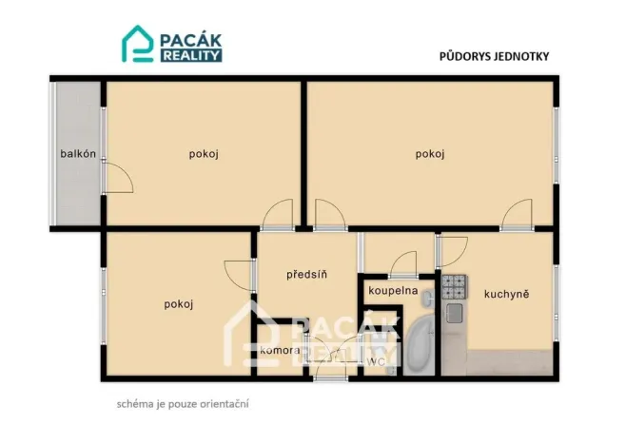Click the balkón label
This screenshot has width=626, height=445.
pyautogui.click(x=78, y=154)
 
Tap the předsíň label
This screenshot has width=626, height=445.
pyautogui.click(x=307, y=275)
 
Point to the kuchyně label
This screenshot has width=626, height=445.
pyautogui.click(x=506, y=294)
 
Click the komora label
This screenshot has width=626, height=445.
pyautogui.click(x=280, y=351)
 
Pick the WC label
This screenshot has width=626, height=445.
pyautogui.click(x=376, y=361)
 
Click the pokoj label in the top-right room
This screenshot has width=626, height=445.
pyautogui.click(x=430, y=154)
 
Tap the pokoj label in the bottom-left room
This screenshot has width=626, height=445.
pyautogui.click(x=179, y=304)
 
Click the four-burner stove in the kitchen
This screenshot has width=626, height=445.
pyautogui.click(x=454, y=284)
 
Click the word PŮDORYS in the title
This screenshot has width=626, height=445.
pyautogui.click(x=465, y=56)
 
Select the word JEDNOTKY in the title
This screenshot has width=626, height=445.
pyautogui.click(x=522, y=56)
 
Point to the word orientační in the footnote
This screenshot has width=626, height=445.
pyautogui.click(x=225, y=403)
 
